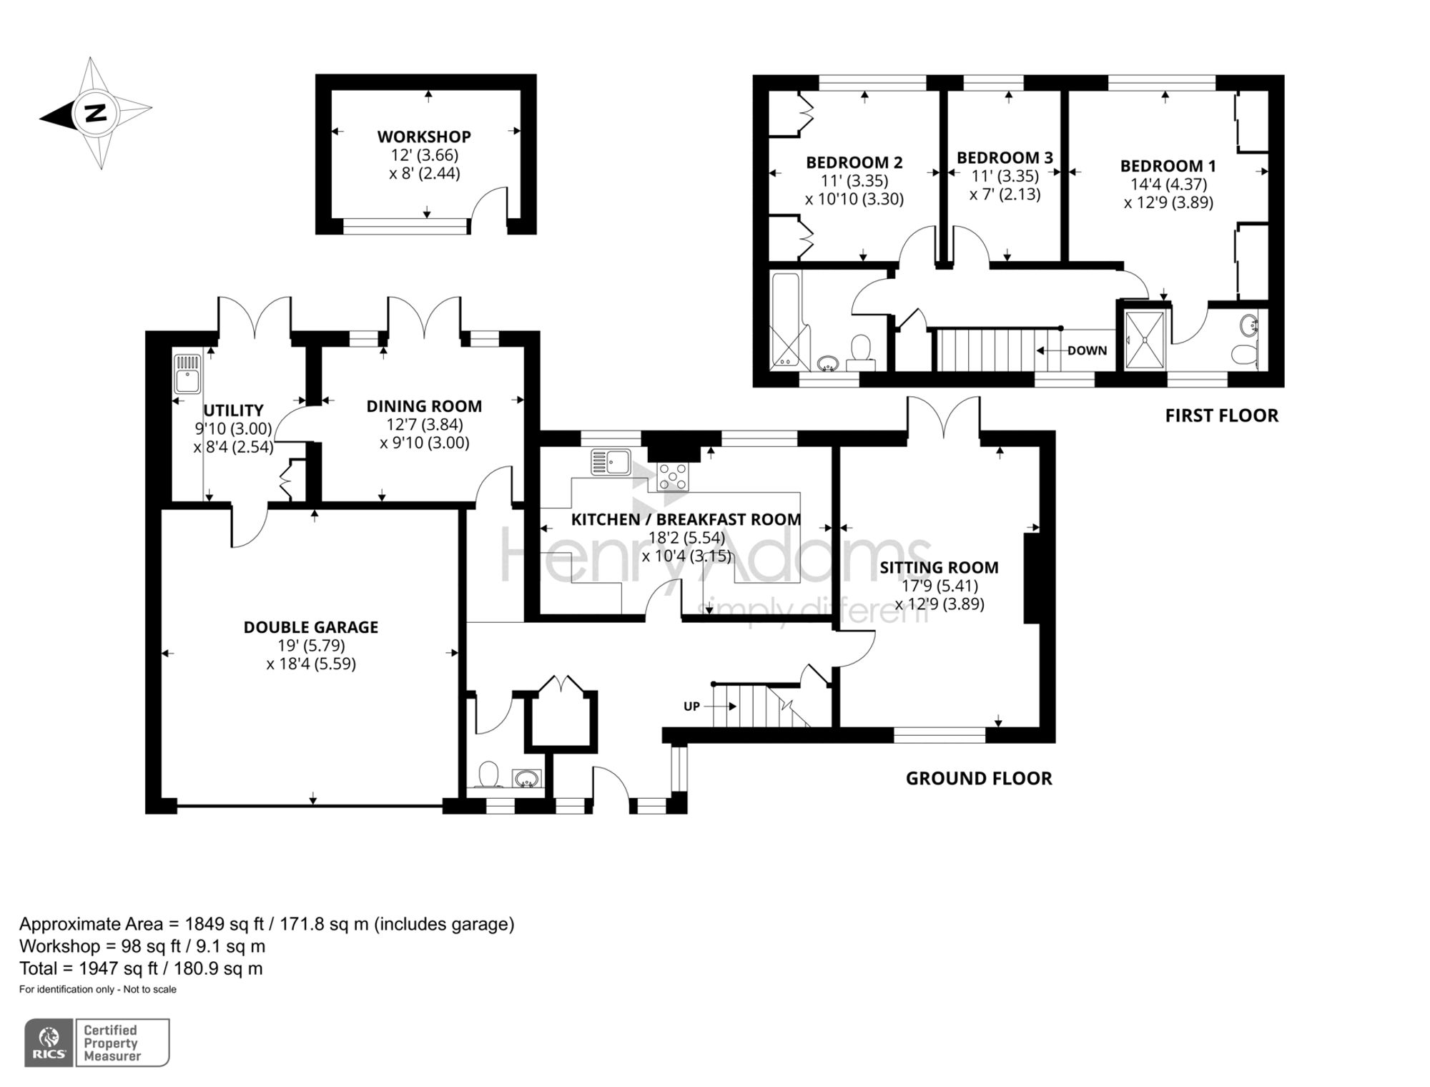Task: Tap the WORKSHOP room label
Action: [424, 137]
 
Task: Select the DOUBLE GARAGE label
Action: [311, 627]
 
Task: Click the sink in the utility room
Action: [188, 374]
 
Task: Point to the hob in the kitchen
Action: [673, 477]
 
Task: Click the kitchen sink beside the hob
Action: [611, 462]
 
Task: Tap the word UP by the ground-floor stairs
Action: [691, 707]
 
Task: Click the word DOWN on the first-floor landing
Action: [1087, 350]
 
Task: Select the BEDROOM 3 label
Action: [1005, 157]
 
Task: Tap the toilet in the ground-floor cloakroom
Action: [488, 774]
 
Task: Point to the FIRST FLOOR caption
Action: [1221, 415]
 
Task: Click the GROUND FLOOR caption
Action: [979, 778]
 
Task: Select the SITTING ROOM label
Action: [939, 568]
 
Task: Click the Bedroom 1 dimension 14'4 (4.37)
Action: [1168, 184]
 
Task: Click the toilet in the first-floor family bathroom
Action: [860, 350]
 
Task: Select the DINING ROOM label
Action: [424, 406]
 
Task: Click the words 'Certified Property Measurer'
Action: [112, 1043]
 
